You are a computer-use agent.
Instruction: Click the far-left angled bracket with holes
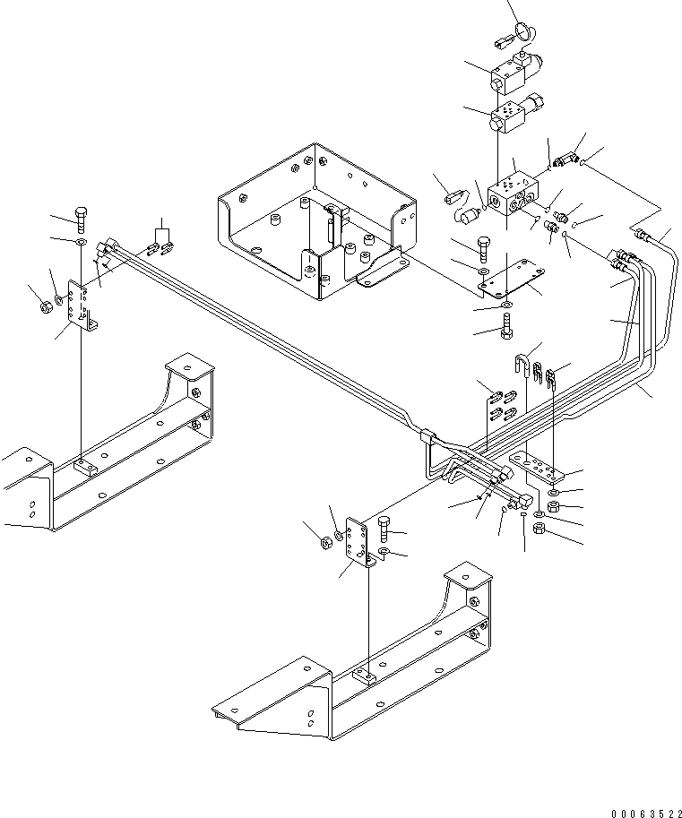click(x=82, y=309)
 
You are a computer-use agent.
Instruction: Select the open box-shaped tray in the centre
click(x=314, y=224)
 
